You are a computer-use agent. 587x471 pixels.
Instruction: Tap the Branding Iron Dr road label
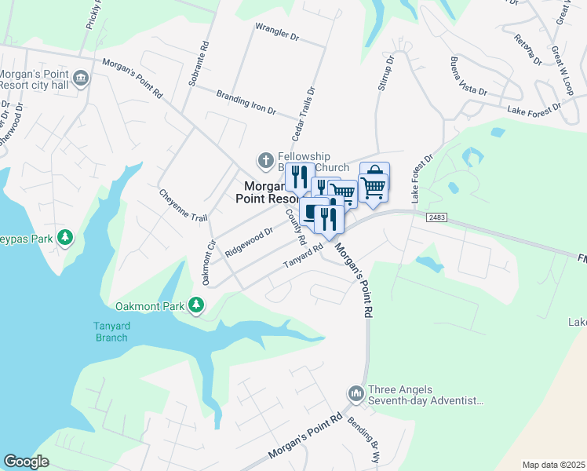pos(246,101)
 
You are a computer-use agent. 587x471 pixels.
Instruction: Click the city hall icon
pos(81,78)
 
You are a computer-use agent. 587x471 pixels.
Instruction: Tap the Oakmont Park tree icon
pos(196,305)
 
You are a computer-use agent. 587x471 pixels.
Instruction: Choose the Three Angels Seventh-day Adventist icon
pos(355,391)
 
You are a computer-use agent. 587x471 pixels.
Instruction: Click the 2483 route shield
pos(436,215)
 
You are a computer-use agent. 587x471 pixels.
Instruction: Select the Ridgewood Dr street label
pos(248,243)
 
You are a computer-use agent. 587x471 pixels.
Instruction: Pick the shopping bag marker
pos(374,172)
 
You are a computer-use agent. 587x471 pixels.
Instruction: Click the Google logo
pos(26,462)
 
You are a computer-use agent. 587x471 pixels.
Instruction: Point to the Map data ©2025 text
pos(553,465)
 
